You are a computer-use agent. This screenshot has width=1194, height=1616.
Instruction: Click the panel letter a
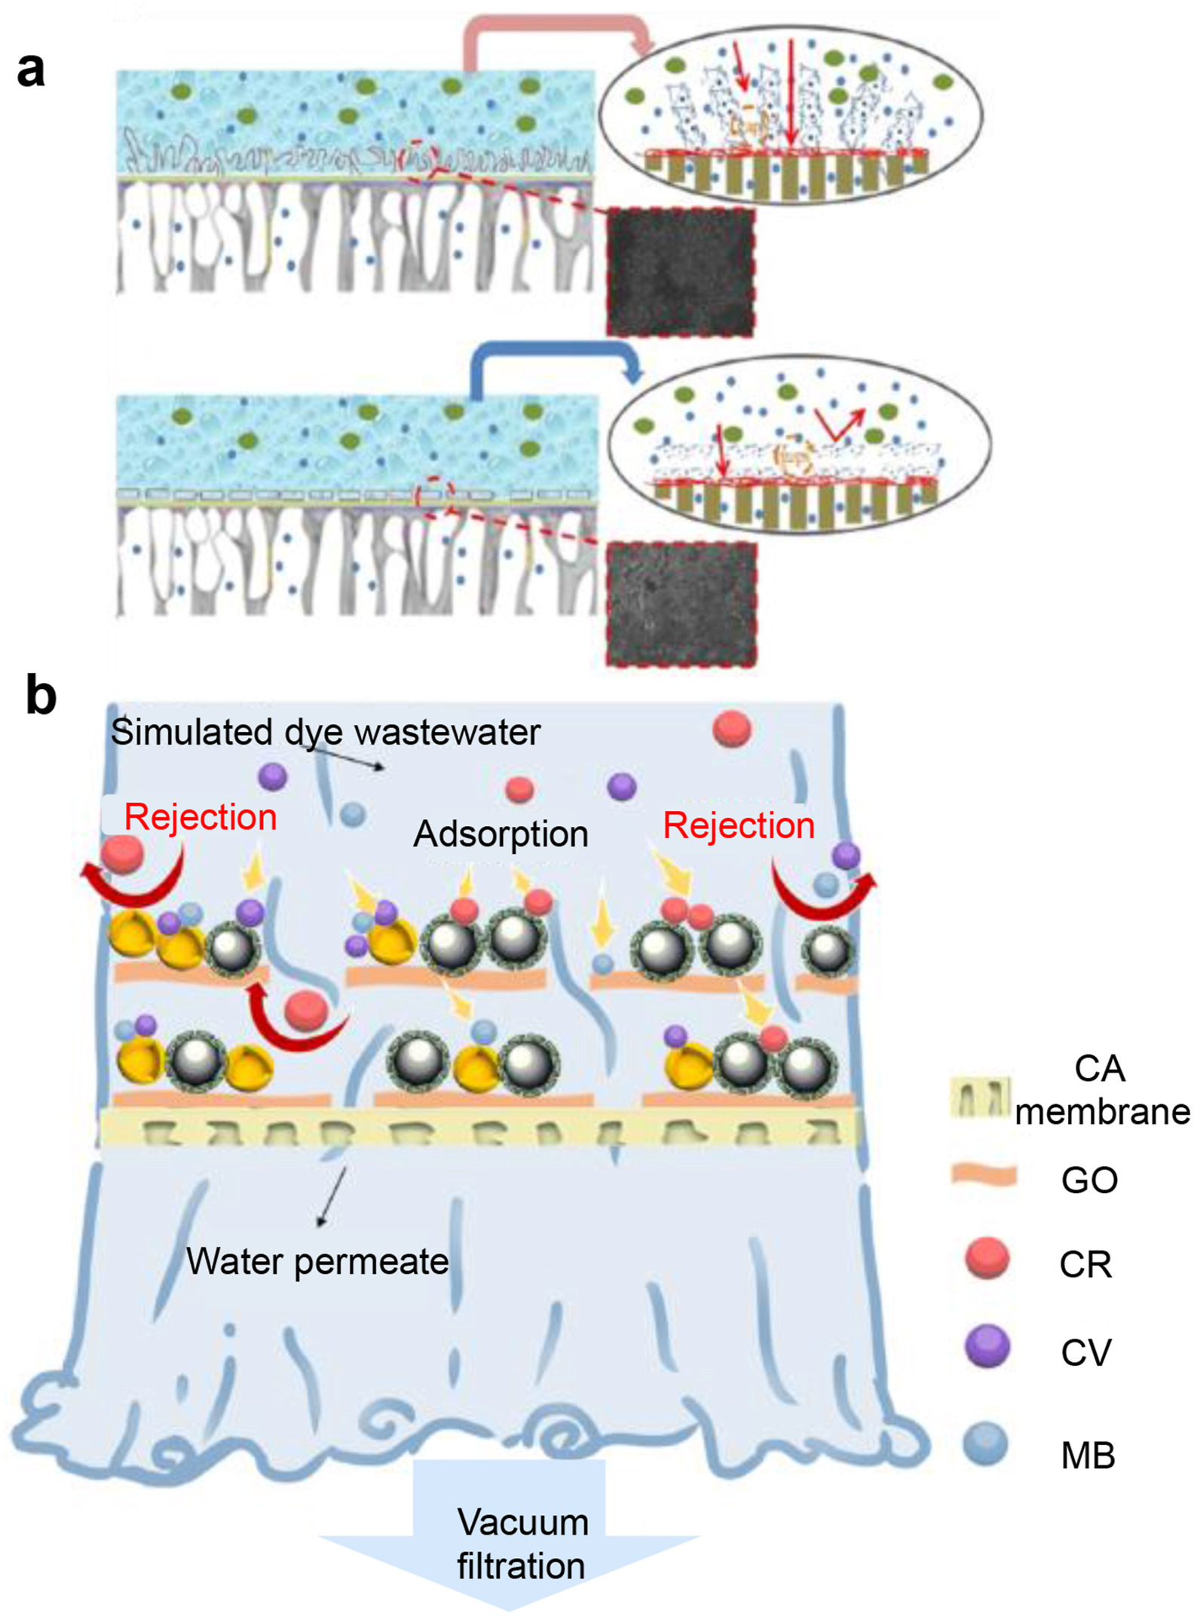pyautogui.click(x=31, y=72)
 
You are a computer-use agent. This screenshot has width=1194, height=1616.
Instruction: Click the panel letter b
pyautogui.click(x=41, y=694)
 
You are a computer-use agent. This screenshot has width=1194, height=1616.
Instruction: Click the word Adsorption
pyautogui.click(x=501, y=834)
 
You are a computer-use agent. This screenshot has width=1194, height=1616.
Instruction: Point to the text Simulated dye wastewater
pyautogui.click(x=326, y=732)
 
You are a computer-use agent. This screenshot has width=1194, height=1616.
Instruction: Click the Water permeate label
pyautogui.click(x=317, y=1261)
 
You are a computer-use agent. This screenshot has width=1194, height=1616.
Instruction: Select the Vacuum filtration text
pyautogui.click(x=522, y=1544)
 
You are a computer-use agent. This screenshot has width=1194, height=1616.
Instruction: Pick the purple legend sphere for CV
pyautogui.click(x=987, y=1347)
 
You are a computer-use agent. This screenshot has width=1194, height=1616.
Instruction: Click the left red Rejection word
pyautogui.click(x=201, y=817)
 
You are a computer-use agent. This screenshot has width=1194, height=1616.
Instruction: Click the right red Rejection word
pyautogui.click(x=739, y=825)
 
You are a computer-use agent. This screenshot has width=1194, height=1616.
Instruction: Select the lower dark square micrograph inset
pyautogui.click(x=681, y=604)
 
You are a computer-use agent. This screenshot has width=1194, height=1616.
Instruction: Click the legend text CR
pyautogui.click(x=1085, y=1264)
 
